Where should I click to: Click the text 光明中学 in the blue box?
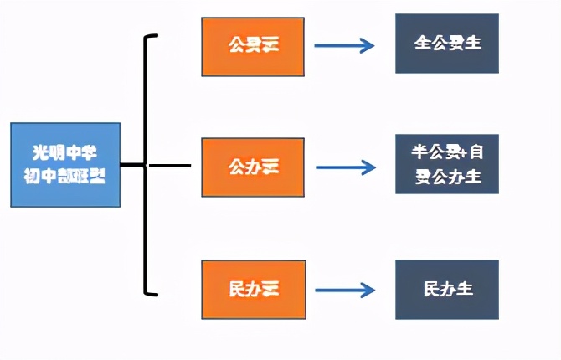click(65, 153)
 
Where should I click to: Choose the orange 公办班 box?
click(253, 167)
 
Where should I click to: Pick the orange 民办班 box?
click(253, 289)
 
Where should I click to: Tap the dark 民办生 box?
click(447, 289)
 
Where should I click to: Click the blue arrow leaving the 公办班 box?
click(345, 167)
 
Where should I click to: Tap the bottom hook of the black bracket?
click(152, 293)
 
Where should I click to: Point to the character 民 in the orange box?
click(237, 289)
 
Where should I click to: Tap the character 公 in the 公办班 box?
click(237, 167)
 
